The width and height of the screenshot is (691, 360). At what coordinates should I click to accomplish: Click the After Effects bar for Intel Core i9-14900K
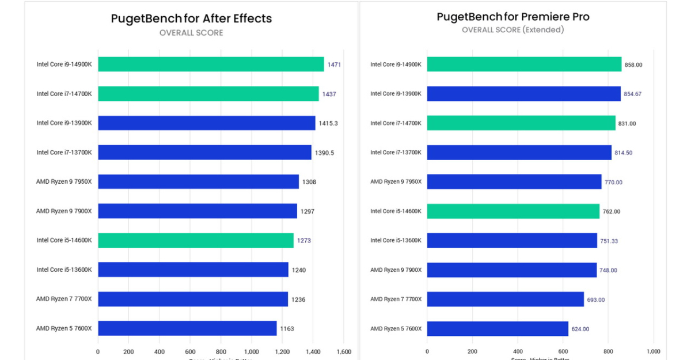211,65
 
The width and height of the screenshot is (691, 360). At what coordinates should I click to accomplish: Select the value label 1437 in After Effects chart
328,94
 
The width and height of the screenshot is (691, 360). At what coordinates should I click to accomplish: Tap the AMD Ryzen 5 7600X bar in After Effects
187,329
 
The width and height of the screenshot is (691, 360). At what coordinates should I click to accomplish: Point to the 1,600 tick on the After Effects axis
343,351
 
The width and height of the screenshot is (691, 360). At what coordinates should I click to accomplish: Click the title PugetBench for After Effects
191,18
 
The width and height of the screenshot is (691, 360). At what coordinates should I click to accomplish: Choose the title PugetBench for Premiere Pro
512,17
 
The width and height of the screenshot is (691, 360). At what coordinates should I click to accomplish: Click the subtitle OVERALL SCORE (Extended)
512,30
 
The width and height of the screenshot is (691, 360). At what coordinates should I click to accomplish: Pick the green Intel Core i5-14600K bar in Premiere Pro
513,211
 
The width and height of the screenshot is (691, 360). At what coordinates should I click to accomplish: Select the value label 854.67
632,94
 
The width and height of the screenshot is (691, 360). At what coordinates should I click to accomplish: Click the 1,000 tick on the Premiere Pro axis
653,351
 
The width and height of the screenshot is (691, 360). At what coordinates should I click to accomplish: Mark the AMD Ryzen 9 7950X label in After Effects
64,182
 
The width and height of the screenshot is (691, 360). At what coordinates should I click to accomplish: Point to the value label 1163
287,329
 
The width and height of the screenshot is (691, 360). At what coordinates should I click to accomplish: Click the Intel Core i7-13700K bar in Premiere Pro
519,153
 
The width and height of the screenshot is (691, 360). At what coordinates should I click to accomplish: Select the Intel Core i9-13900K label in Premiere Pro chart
396,94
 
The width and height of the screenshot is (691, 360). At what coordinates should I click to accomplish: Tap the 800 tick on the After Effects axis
221,351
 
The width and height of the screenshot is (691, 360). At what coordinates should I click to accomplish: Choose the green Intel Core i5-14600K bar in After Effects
196,241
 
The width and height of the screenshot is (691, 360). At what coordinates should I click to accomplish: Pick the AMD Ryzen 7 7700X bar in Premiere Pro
505,300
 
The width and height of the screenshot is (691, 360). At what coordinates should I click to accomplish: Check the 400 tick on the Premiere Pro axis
518,351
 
